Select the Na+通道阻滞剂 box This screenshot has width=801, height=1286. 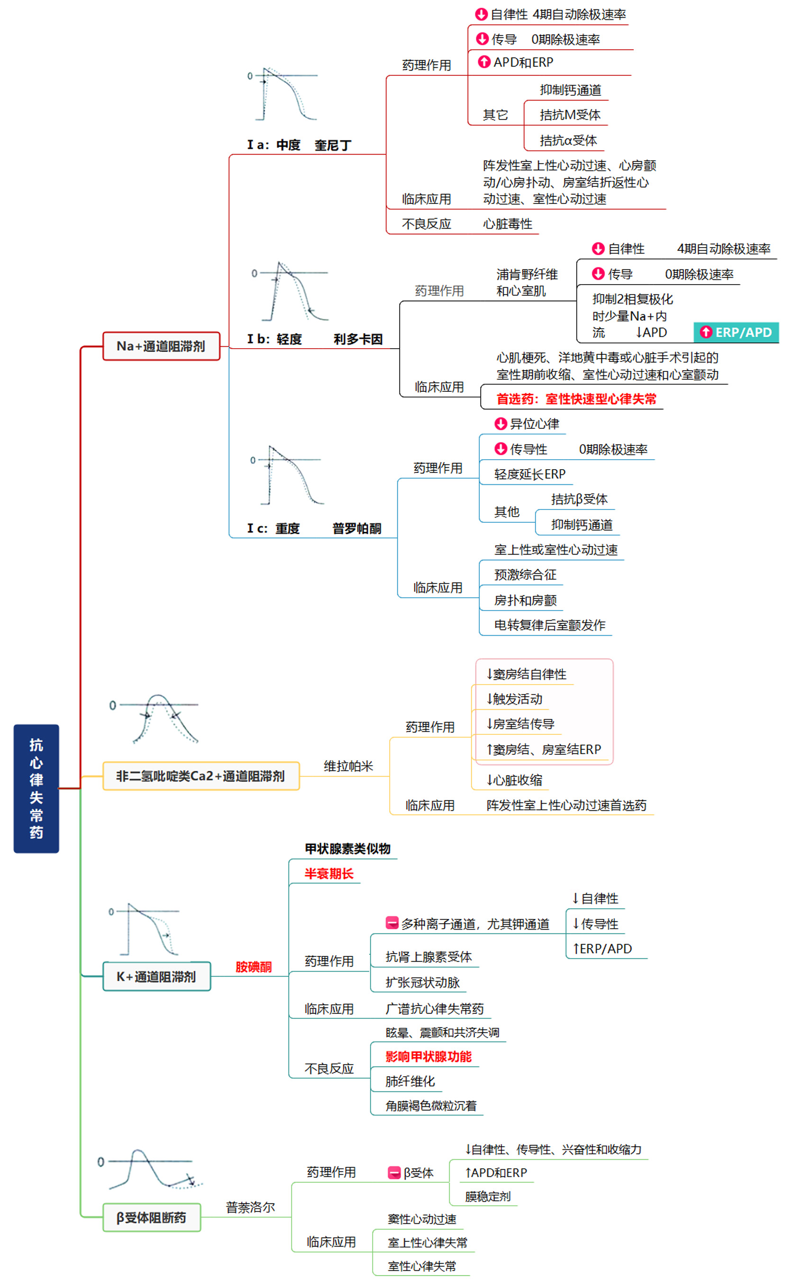[161, 346]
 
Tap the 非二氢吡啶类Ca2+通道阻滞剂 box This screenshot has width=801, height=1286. [201, 776]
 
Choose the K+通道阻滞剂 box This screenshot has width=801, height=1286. [156, 976]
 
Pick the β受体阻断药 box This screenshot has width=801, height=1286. [152, 1217]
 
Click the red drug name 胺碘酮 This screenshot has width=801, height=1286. [253, 966]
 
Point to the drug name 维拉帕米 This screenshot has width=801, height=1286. [348, 766]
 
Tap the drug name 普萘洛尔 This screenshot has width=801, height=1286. [250, 1207]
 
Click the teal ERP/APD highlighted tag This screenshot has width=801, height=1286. [736, 333]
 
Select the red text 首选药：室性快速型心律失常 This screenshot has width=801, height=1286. [576, 398]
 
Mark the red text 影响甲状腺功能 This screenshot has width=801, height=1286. [428, 1056]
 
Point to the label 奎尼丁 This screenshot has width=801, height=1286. [333, 145]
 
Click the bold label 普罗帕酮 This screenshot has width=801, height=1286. [356, 528]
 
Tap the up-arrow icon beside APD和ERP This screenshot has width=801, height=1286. [483, 62]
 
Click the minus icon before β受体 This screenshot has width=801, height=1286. [393, 1173]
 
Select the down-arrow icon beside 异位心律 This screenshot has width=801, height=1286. [500, 424]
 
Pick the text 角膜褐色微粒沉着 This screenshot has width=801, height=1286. [431, 1105]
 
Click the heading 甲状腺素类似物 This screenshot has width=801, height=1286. [347, 848]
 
